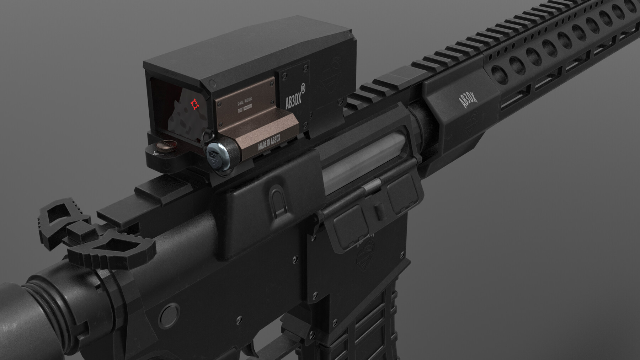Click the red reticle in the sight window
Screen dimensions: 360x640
[194, 104]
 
